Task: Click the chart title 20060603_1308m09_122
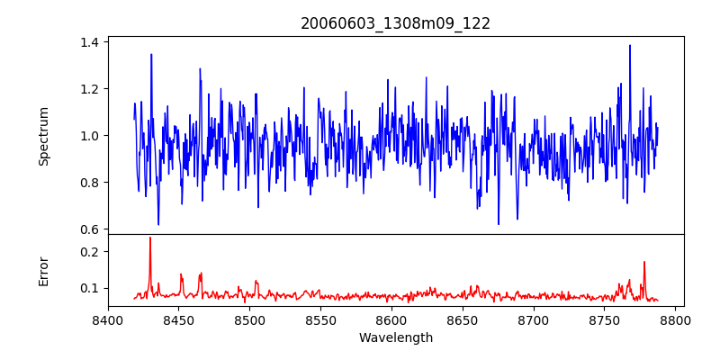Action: tap(395, 23)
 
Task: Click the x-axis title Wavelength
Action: tap(395, 338)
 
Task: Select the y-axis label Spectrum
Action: tap(44, 136)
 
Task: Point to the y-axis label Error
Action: tap(44, 271)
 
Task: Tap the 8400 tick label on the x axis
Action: tap(108, 319)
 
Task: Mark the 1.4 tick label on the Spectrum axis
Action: tap(89, 42)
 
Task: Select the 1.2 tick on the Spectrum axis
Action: tap(89, 89)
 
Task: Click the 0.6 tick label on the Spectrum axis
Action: tap(89, 229)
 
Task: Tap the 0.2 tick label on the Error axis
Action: tap(89, 252)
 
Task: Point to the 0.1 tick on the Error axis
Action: tap(89, 289)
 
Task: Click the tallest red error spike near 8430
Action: tap(150, 238)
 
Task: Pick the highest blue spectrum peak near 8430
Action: tap(151, 54)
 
